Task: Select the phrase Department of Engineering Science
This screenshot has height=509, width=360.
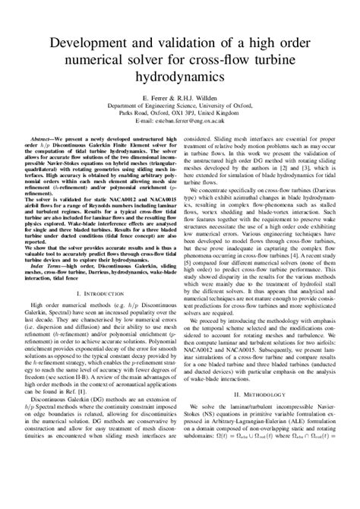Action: point(159,106)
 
